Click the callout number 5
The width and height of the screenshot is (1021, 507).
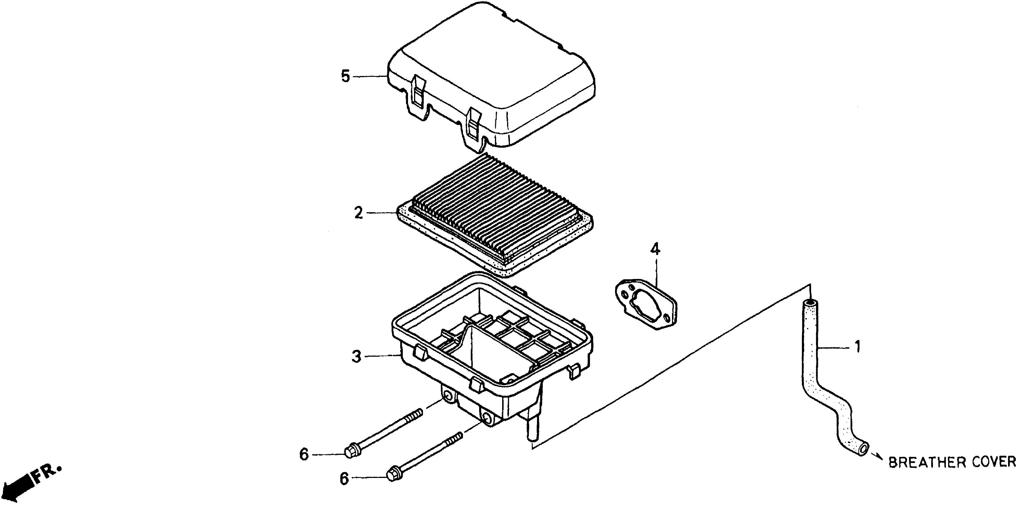coord(346,76)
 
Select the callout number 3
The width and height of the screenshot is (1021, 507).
coord(356,357)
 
